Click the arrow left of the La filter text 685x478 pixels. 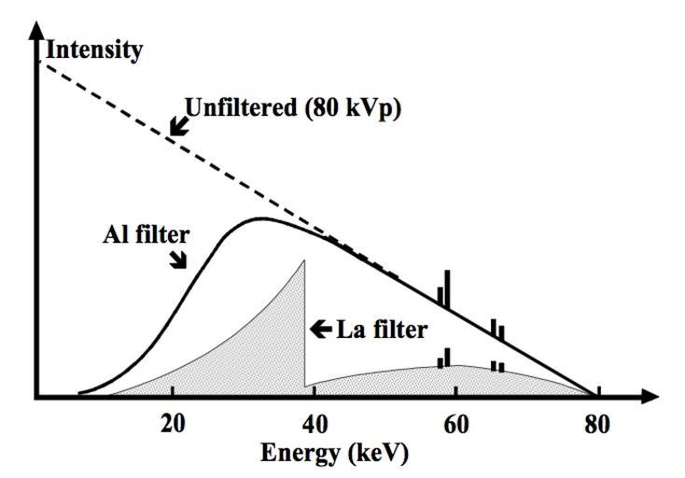321,328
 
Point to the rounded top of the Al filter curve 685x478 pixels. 264,219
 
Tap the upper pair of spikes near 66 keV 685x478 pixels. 497,330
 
